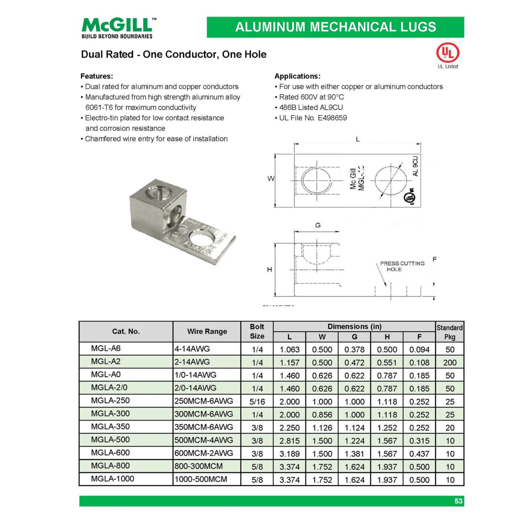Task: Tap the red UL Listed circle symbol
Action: (447, 53)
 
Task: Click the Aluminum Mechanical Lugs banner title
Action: (335, 27)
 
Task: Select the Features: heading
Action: (96, 76)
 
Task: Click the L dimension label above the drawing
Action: (358, 139)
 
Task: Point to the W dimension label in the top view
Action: (270, 178)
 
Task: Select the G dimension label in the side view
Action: (318, 225)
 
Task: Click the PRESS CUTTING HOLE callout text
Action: (402, 266)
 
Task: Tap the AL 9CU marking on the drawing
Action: (415, 166)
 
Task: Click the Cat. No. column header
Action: (126, 331)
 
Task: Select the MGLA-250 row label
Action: (110, 400)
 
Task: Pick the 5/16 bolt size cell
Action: (257, 401)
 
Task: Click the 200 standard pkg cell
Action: (450, 362)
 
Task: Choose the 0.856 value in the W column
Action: (322, 414)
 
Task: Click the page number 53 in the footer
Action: (458, 501)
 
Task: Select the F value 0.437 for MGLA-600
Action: (419, 454)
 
